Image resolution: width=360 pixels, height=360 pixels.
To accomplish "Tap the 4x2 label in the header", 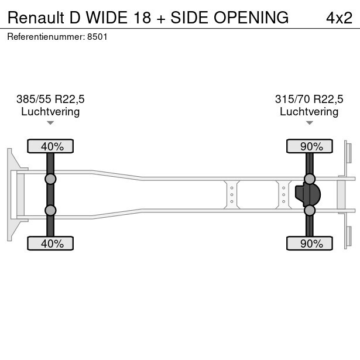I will (x=339, y=18).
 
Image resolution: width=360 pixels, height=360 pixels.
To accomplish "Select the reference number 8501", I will (x=97, y=36).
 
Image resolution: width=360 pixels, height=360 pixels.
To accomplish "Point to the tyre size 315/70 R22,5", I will (x=309, y=99).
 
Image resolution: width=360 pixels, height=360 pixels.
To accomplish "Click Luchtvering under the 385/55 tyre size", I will (x=50, y=111).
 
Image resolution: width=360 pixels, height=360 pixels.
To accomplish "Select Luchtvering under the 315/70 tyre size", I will (x=309, y=111).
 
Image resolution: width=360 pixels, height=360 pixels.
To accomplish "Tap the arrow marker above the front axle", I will (x=50, y=123).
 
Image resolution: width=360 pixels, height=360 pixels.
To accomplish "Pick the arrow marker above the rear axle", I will (x=309, y=123).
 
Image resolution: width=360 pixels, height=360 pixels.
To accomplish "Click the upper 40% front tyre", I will (x=50, y=146).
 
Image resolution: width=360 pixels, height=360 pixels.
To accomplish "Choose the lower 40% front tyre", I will (x=50, y=244).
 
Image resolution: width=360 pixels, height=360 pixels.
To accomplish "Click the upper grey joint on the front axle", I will (x=50, y=179).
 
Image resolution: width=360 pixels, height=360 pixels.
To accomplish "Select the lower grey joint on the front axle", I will (x=50, y=210).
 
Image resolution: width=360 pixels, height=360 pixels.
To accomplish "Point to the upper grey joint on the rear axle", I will (x=309, y=179).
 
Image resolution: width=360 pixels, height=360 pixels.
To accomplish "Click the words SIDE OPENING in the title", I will (x=229, y=18).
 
